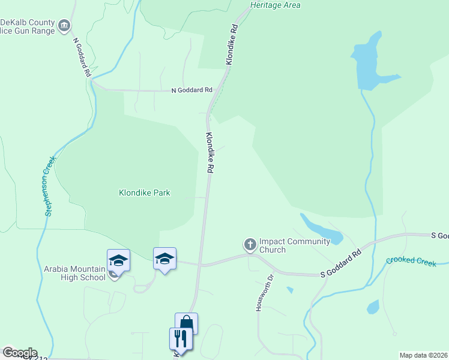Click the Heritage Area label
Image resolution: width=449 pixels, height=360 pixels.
[x=275, y=5]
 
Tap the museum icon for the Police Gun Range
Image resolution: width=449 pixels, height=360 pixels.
[x=64, y=26]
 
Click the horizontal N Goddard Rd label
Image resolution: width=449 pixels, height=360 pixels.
[x=191, y=90]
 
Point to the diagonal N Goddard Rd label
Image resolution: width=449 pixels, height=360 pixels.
[x=82, y=58]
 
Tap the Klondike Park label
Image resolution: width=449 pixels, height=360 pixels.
[x=144, y=193]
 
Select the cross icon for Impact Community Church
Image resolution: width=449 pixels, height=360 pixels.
[x=250, y=244]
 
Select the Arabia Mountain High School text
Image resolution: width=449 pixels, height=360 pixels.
[x=74, y=273]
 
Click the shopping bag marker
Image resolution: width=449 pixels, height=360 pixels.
[x=186, y=323]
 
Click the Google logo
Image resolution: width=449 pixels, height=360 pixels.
[x=19, y=353]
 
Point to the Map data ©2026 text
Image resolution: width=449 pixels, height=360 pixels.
[x=423, y=355]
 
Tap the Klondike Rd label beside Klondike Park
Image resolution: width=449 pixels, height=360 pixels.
[x=209, y=154]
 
